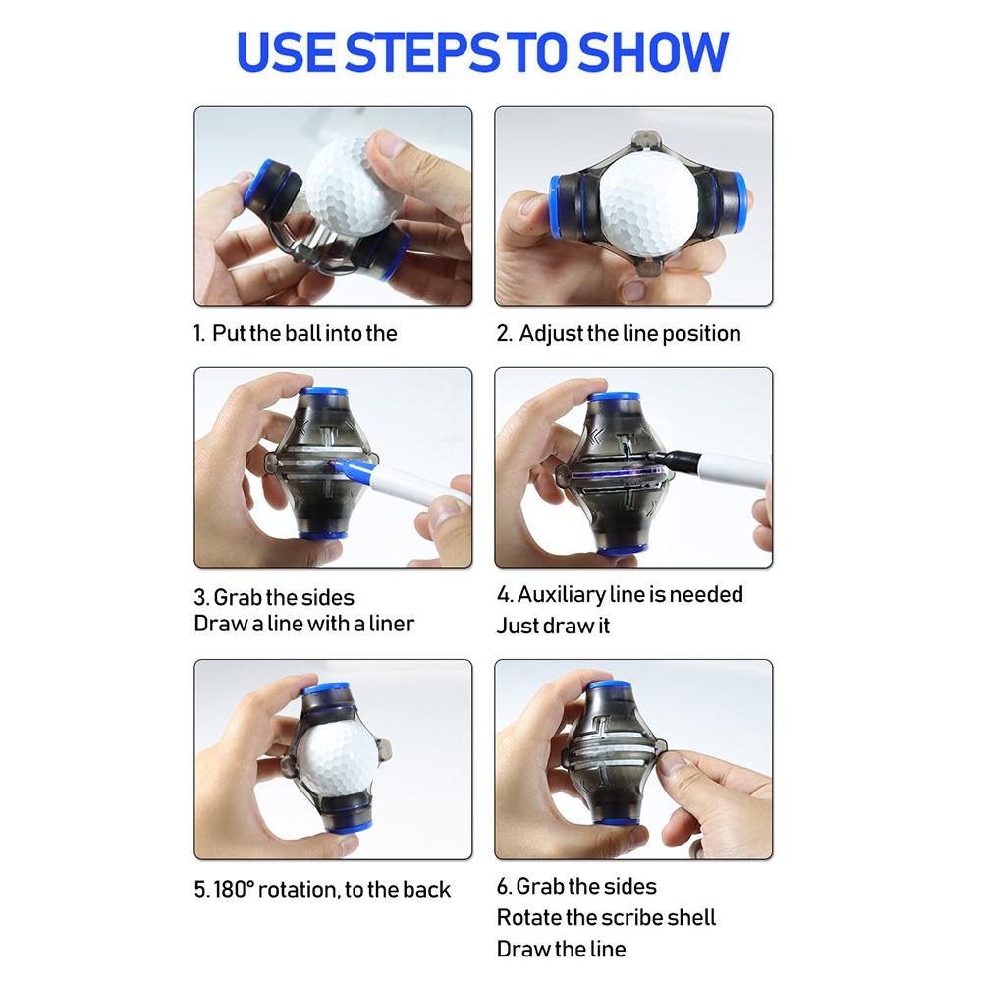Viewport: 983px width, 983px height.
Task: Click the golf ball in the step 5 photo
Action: pos(339,761)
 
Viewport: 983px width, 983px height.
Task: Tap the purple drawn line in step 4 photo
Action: pos(615,474)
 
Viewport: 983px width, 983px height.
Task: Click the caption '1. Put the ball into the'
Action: pos(296,333)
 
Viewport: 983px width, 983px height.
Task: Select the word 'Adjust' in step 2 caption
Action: pos(551,333)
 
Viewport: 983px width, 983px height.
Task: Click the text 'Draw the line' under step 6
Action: pos(561,949)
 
